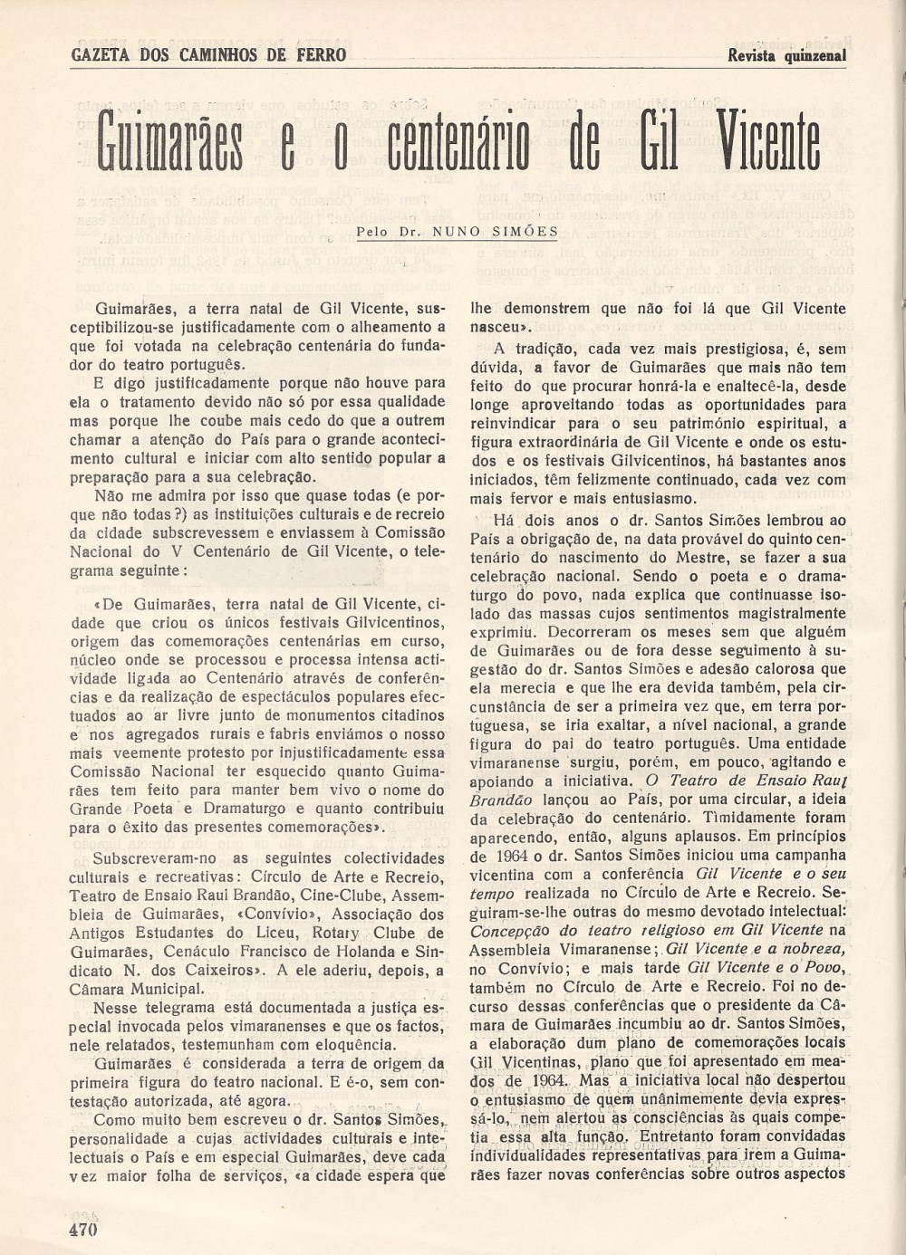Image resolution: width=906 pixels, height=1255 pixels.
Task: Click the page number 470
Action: coord(82,1229)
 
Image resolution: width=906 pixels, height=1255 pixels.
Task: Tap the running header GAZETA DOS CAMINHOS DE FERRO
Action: coord(207,54)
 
